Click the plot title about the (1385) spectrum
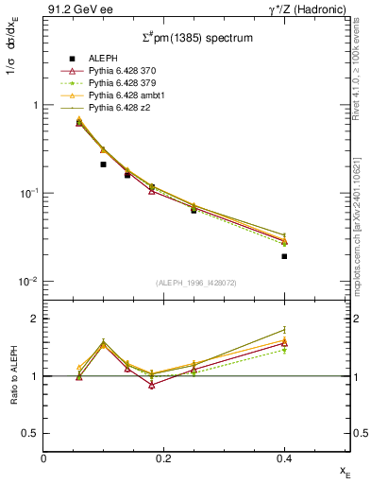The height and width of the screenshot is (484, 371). [x=195, y=38]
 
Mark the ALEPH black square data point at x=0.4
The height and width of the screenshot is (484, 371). [x=284, y=256]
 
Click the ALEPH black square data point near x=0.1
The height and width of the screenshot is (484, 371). [x=103, y=164]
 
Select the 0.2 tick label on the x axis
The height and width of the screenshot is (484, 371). [x=164, y=459]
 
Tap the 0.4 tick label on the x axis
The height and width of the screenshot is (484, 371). [x=284, y=459]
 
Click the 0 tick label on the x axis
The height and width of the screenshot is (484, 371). [x=43, y=459]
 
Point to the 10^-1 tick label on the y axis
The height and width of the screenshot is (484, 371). [x=28, y=194]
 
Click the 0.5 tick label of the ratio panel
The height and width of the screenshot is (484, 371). [x=31, y=434]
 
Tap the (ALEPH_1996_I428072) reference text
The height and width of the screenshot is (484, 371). [x=195, y=284]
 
